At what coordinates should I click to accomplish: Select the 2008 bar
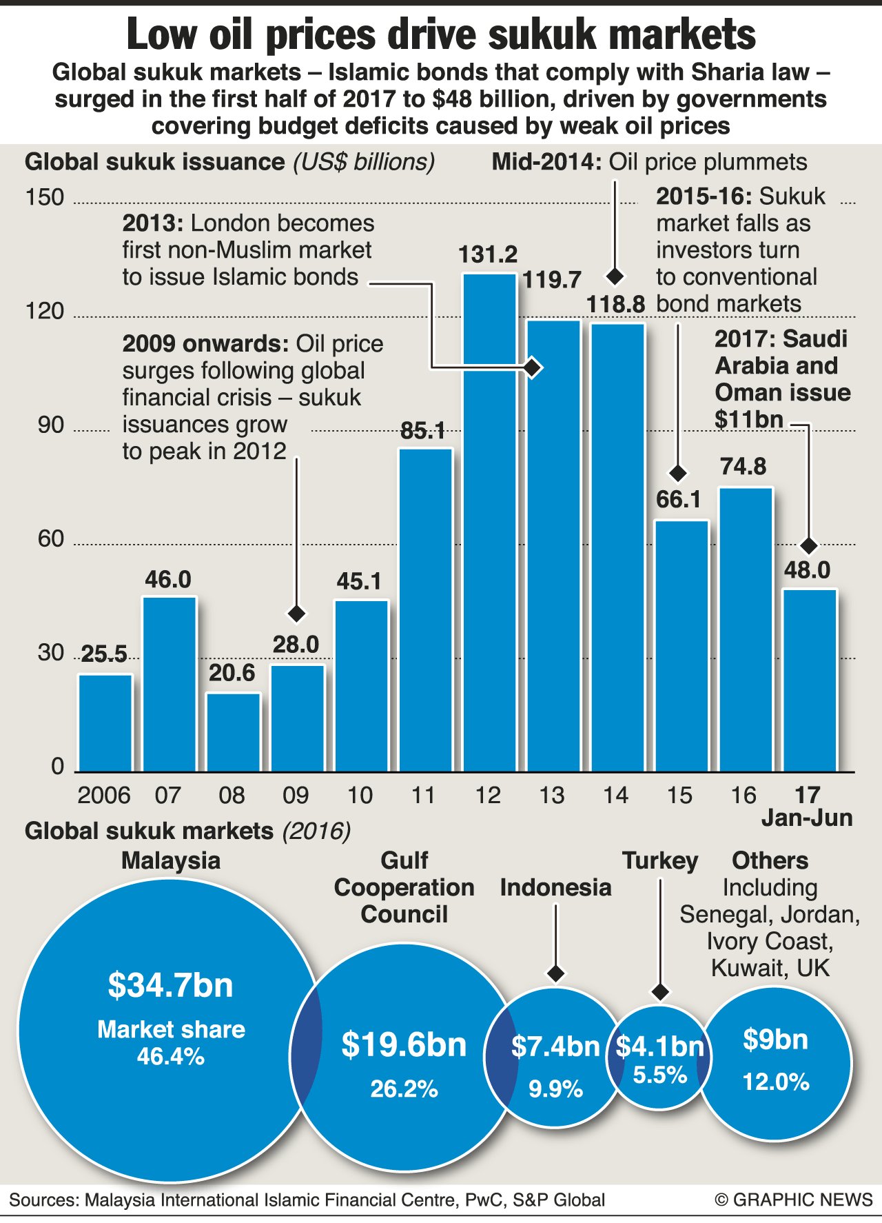click(234, 732)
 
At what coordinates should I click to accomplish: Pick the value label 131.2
click(488, 255)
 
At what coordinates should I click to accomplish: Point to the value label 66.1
click(679, 499)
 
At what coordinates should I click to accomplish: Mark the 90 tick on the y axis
click(50, 425)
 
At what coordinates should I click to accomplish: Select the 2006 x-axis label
click(104, 796)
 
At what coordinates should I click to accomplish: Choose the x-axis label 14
click(615, 796)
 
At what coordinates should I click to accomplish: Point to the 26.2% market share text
click(404, 1089)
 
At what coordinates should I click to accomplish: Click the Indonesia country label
click(555, 887)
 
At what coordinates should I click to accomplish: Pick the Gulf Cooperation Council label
click(404, 887)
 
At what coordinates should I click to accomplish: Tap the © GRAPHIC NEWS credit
click(794, 1200)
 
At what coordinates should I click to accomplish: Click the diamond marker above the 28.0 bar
click(296, 613)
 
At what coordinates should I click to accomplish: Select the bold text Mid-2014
click(544, 163)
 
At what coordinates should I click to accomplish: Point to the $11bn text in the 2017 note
click(749, 419)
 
